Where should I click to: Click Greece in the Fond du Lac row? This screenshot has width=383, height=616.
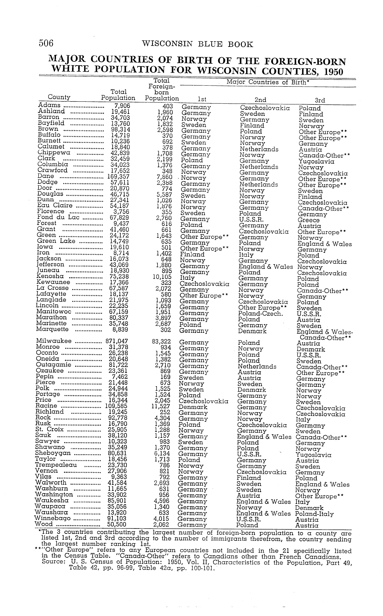click(308, 220)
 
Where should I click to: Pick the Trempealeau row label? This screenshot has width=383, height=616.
click(56, 465)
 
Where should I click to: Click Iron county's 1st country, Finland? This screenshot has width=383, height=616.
click(192, 255)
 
